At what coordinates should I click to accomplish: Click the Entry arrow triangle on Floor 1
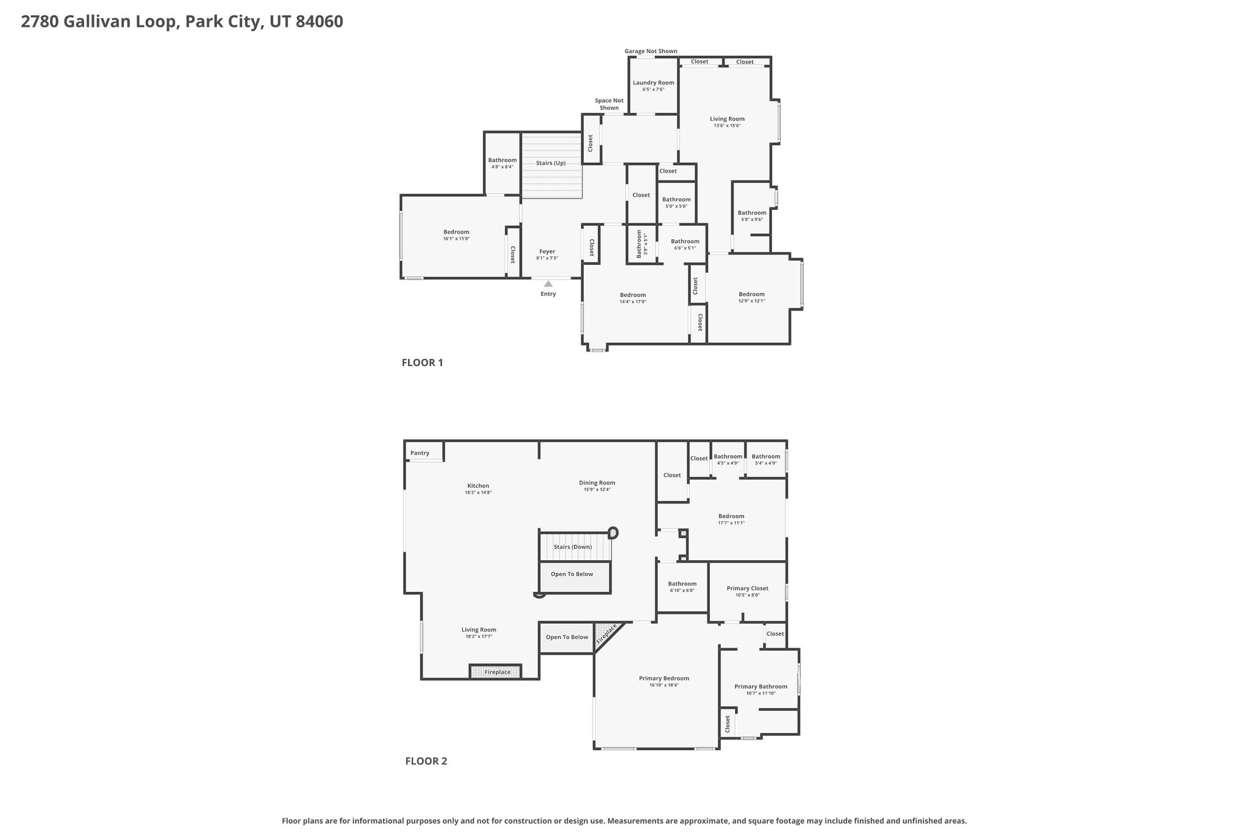tap(548, 284)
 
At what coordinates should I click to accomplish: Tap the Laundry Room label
tap(653, 83)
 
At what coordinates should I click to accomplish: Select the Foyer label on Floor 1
tap(547, 251)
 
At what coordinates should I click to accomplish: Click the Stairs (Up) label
tap(551, 163)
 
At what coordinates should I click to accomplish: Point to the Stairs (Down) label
tap(573, 547)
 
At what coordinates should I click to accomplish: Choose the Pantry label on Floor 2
tap(420, 453)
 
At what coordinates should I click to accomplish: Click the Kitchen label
tap(478, 486)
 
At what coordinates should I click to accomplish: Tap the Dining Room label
tap(597, 483)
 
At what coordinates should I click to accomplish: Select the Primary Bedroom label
tap(664, 678)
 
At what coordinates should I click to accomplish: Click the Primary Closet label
tap(748, 588)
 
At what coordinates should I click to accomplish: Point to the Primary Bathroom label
tap(760, 687)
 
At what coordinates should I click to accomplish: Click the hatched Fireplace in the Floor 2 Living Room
tap(495, 672)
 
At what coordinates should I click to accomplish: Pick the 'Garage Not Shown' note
tap(651, 51)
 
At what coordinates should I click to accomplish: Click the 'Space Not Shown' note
tap(609, 104)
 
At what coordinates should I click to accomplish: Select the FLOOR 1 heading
tap(422, 362)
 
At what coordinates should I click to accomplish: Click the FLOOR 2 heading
tap(426, 761)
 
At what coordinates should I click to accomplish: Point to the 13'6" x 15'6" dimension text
tap(727, 126)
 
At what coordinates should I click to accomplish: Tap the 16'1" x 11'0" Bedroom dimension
tap(456, 239)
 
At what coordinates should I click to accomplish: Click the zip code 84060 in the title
tap(319, 22)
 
